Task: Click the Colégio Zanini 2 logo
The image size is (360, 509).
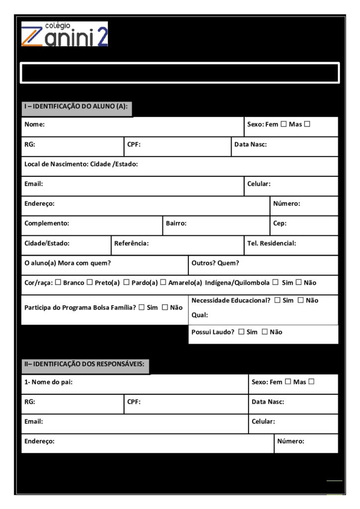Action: pos(64,34)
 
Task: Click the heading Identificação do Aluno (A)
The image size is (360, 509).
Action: pos(76,106)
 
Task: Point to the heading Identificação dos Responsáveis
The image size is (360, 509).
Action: pos(85,364)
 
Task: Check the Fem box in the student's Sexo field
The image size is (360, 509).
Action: pos(284,124)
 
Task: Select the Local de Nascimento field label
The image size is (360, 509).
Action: pos(81,164)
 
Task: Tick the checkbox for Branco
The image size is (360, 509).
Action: pos(58,283)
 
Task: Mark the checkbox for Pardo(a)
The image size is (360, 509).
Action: pos(127,283)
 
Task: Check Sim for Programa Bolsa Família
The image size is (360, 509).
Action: pos(142,308)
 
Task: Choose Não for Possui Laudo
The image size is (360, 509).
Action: pos(265,332)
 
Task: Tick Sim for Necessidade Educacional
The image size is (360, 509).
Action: pos(277,300)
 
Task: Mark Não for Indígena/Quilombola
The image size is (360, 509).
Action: pos(299,283)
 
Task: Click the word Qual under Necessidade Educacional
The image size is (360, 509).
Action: pos(200,315)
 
